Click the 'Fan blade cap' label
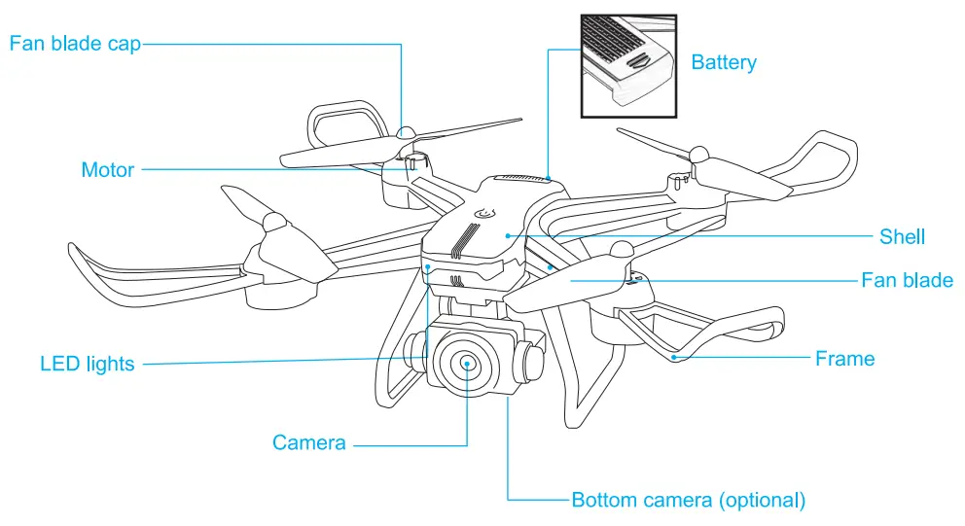75,44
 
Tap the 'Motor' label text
107,170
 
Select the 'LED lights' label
87,365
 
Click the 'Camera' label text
308,443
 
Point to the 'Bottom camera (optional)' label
688,501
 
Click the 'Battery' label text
723,63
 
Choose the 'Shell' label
902,236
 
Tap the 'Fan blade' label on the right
907,281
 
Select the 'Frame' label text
844,359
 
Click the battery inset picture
628,65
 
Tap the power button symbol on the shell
482,216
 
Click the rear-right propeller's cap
698,154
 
